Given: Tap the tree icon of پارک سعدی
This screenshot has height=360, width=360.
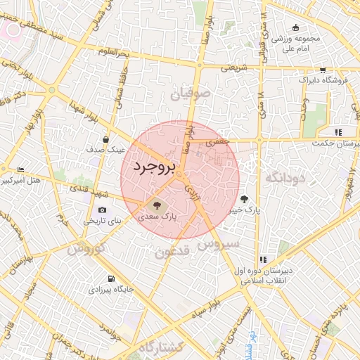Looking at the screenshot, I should click(x=156, y=207).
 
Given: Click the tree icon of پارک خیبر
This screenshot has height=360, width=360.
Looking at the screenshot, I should click(x=245, y=199).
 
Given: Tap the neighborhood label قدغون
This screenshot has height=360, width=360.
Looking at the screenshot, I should click(x=171, y=251).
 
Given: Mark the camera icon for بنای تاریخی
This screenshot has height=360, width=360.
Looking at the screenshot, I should click(x=103, y=210).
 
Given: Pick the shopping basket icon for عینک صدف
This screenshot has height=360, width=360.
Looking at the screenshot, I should click(x=105, y=139).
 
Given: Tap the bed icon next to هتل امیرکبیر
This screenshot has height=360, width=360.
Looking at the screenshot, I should click(x=20, y=170).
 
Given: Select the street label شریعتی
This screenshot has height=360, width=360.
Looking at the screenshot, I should click(x=234, y=68).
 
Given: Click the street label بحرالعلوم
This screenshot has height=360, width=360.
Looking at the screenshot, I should click(x=114, y=53).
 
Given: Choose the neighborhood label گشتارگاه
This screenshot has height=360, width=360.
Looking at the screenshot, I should click(x=161, y=347).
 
